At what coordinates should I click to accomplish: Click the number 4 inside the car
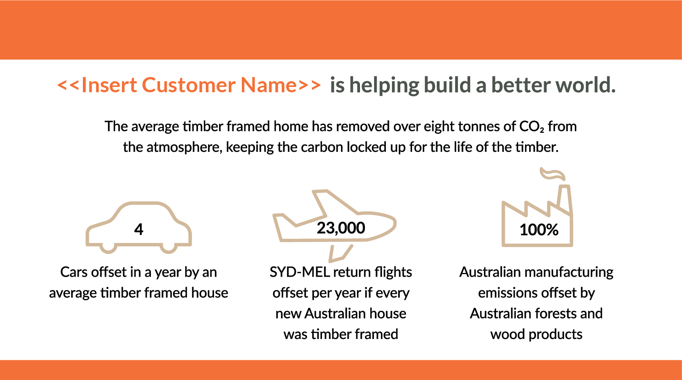(x=139, y=229)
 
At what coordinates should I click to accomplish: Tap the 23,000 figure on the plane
(x=341, y=228)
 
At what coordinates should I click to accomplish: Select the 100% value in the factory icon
(x=539, y=230)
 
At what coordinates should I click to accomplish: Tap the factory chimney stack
(x=565, y=199)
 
